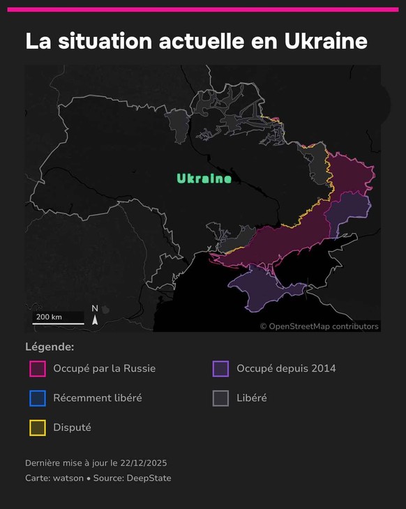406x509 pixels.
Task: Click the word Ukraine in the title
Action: coord(326,41)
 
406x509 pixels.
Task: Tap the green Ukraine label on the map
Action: coord(204,179)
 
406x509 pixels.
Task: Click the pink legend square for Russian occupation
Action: coord(38,368)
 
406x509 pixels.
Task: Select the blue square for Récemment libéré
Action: coord(38,398)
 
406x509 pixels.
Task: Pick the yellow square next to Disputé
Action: coord(38,427)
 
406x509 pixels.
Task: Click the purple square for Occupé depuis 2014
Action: coord(221,368)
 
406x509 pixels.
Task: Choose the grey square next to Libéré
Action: coord(221,398)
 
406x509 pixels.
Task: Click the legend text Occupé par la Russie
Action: coord(104,368)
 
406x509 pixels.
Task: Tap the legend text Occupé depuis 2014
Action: coord(286,368)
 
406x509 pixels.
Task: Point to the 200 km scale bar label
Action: coord(49,317)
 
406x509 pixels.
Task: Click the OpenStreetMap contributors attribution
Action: coord(319,326)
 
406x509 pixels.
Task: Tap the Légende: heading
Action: coord(50,347)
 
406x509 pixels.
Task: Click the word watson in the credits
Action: coord(68,478)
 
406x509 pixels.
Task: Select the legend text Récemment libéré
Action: coord(98,398)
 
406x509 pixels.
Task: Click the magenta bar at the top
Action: coord(203,10)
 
